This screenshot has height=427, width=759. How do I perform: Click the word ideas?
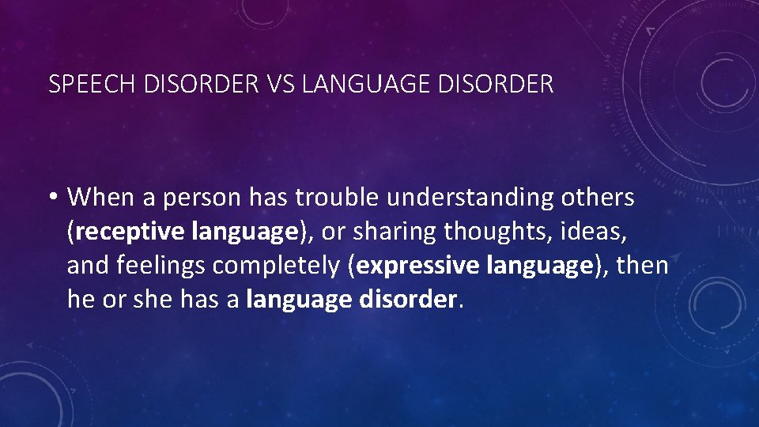[583, 232]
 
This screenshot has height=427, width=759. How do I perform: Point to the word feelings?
[164, 266]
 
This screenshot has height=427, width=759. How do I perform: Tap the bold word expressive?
[417, 266]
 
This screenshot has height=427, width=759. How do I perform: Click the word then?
[642, 266]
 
